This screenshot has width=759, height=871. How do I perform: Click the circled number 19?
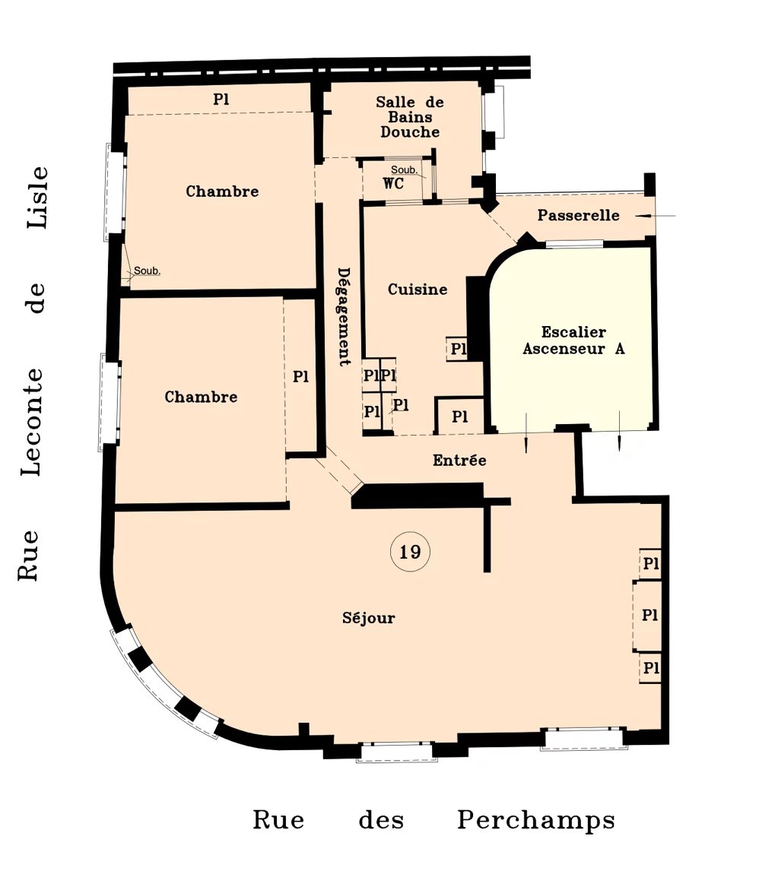coord(410,552)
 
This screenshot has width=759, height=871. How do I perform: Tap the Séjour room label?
coord(368,618)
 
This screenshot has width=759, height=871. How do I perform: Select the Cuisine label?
coord(418,290)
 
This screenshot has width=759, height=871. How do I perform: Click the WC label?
coord(393,183)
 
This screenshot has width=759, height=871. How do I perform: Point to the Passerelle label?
coord(578,215)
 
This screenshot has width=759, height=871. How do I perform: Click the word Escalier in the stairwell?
coord(573,331)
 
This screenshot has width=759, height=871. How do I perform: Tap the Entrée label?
coord(459,460)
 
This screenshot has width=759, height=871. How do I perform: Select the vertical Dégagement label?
coord(344,317)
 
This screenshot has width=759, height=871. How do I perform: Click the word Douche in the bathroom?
coord(410,132)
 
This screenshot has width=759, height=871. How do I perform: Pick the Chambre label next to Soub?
coord(222,191)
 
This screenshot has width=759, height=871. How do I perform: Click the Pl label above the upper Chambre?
coord(221,99)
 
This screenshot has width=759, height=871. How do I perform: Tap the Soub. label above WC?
coord(404,169)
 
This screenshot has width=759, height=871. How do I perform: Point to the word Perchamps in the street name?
coord(536,821)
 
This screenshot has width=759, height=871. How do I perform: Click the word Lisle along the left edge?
coord(38,197)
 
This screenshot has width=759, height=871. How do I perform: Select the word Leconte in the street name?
coord(31,422)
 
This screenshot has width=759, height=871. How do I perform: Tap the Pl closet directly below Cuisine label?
coord(458,349)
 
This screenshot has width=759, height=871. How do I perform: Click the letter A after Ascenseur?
coord(620,349)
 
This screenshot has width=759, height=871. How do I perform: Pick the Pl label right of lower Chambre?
coord(300,376)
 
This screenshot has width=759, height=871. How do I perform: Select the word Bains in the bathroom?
coord(410,117)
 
